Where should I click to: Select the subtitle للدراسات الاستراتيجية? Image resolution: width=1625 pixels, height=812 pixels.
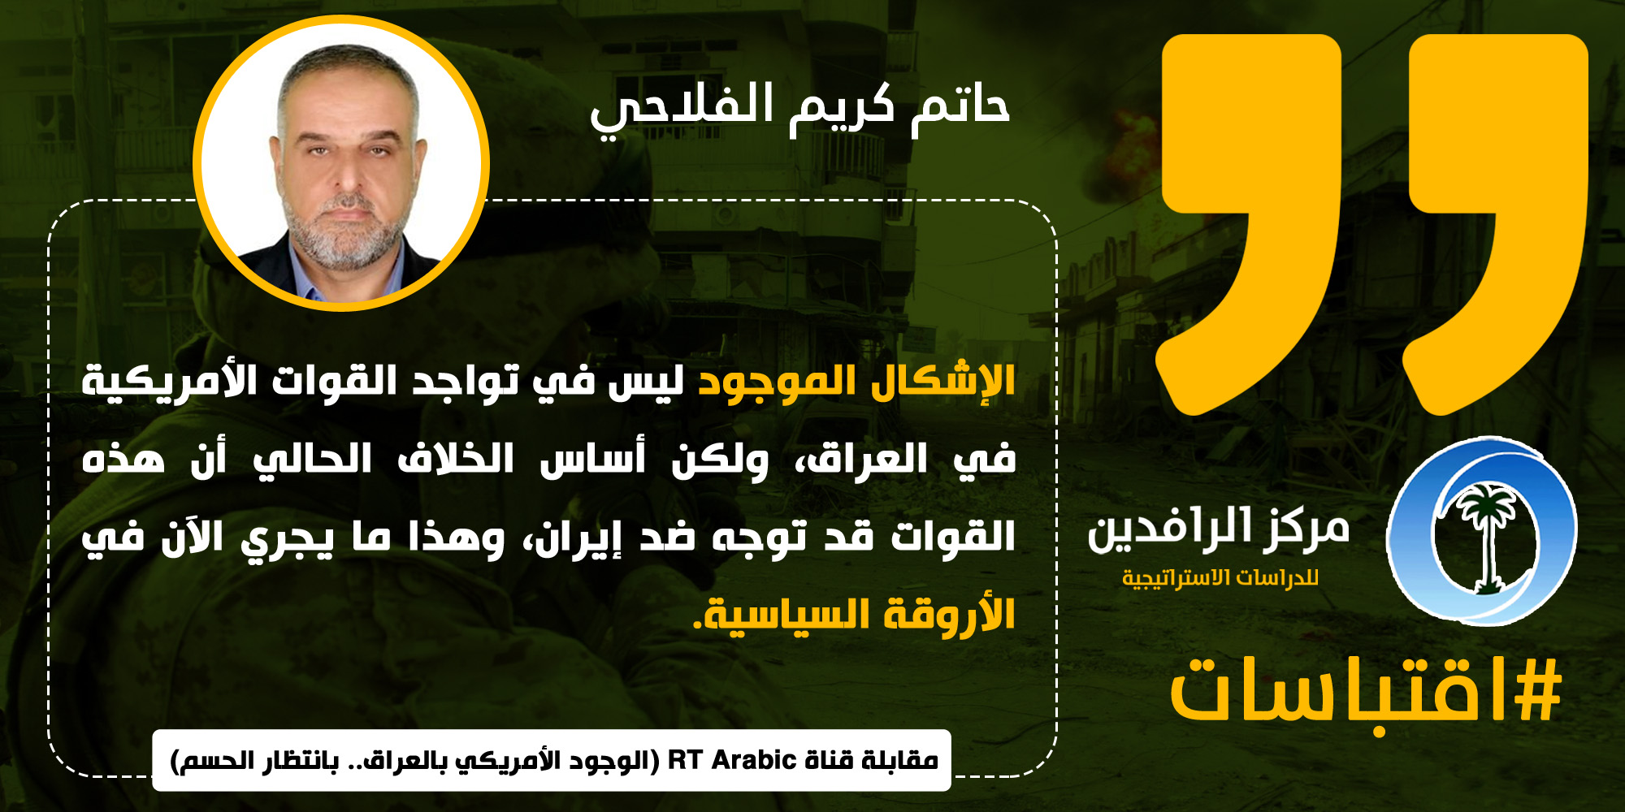point(1220,578)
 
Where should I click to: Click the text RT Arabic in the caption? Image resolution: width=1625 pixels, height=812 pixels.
point(731,760)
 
